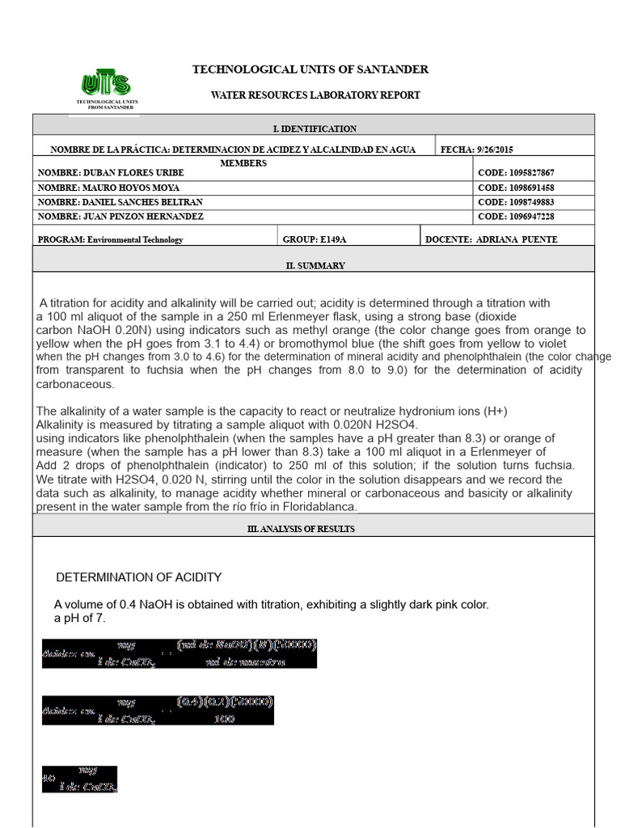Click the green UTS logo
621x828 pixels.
[106, 84]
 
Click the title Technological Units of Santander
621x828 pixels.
[310, 70]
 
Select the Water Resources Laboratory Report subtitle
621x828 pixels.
[315, 95]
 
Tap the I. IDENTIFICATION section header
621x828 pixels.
[314, 129]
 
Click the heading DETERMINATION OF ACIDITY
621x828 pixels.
[138, 577]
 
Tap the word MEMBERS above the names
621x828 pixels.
[243, 163]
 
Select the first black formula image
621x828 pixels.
[179, 653]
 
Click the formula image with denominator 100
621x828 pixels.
[158, 710]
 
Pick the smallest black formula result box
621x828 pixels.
[79, 779]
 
